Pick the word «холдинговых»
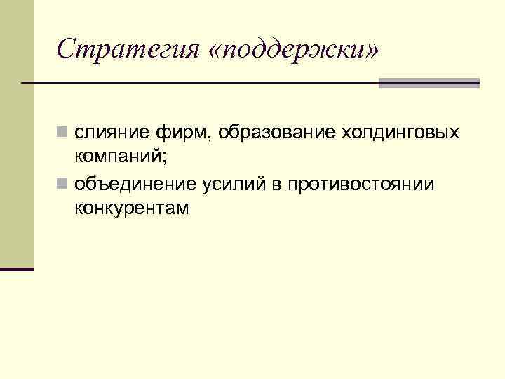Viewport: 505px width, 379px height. point(400,133)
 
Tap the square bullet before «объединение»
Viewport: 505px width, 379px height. point(63,185)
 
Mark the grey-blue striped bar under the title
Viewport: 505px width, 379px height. point(429,83)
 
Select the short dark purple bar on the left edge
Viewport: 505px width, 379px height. point(16,269)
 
